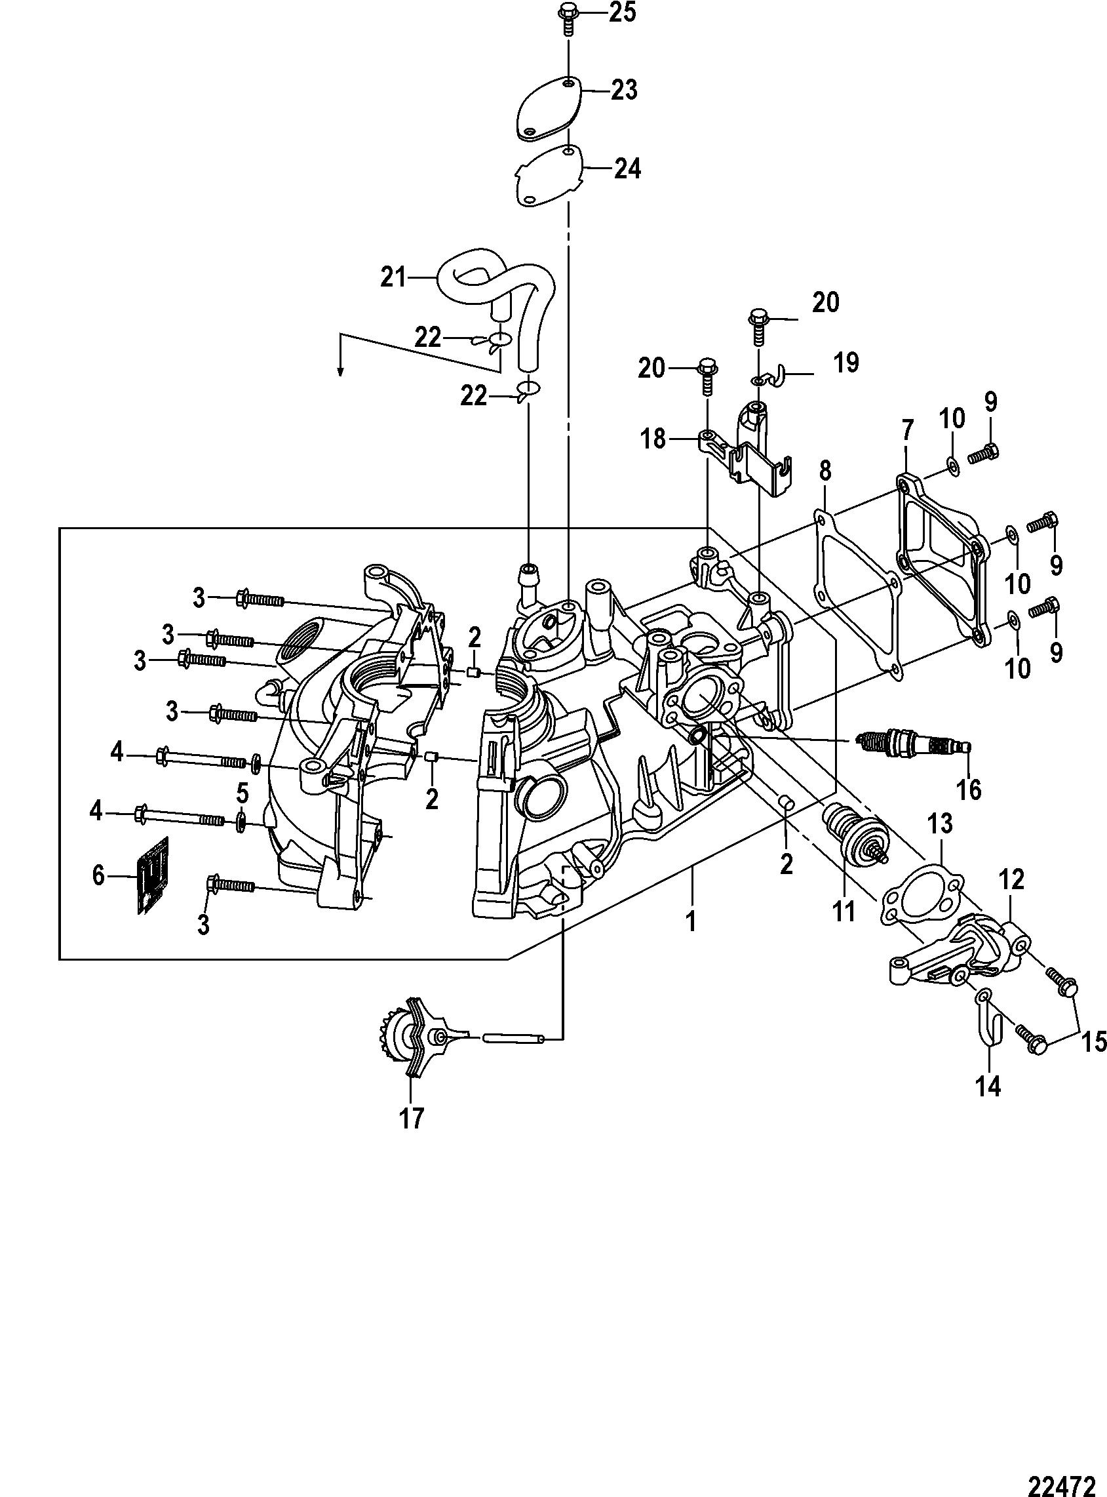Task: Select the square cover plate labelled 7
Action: coord(944,561)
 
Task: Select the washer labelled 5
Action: coord(241,822)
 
